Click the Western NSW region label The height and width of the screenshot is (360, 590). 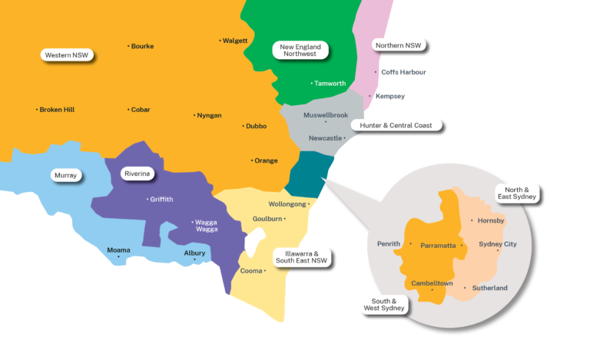pos(67,55)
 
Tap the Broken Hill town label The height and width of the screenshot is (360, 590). pos(58,110)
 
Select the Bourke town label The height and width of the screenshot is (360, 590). pos(142,46)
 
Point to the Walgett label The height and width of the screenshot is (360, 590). pos(235,41)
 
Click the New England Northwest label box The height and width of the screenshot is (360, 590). pos(299,50)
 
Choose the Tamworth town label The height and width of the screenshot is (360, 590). pos(330,83)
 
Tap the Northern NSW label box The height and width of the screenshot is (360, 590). pos(399,46)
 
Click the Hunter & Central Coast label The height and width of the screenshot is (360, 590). pos(396,124)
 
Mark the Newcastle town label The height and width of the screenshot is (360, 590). pos(325,138)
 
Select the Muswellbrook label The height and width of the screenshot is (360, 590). pos(326,115)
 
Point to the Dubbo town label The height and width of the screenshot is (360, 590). pos(256,126)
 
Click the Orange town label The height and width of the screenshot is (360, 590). pos(266,160)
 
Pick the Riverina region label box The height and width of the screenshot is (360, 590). pos(138,174)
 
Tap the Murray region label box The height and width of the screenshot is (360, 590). pos(65,176)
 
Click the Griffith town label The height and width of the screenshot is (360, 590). pos(161,200)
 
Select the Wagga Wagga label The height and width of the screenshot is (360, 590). pos(205,226)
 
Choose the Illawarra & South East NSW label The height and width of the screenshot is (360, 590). pos(302,256)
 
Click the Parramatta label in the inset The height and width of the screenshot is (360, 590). pos(439,246)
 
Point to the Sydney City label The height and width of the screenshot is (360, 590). pos(498,244)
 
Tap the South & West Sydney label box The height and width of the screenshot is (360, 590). pos(384,304)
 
